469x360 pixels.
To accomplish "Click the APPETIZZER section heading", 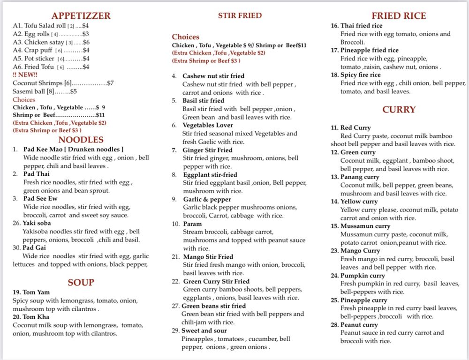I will coord(81,15).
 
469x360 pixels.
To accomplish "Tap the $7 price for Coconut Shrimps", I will coord(110,83).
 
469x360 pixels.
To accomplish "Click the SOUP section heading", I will coord(81,282).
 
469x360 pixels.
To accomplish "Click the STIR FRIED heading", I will coord(240,15).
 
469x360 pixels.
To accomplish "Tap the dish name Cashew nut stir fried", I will coord(213,76).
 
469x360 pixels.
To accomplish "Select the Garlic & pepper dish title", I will coord(207,199).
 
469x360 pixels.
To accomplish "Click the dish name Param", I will coord(192,224).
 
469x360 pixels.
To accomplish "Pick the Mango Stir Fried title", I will coord(208,257).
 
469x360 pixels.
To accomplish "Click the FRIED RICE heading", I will coord(399,15).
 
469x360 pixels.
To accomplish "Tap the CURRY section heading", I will coord(399,109).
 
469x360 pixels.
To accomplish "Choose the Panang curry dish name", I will coord(360,177).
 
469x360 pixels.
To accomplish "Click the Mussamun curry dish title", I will coord(365,226).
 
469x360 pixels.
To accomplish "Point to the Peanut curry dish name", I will coord(359,325).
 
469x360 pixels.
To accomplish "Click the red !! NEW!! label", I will coord(26,75).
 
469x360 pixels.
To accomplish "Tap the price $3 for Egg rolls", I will coord(85,34).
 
